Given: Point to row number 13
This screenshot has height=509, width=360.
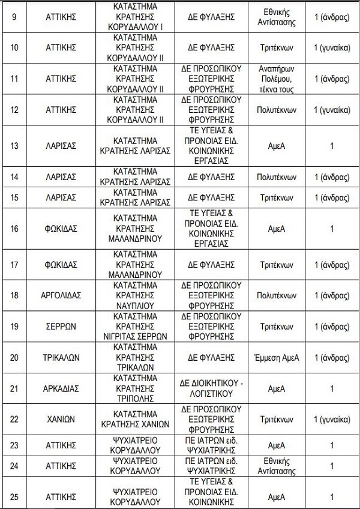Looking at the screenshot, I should point(13,146).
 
